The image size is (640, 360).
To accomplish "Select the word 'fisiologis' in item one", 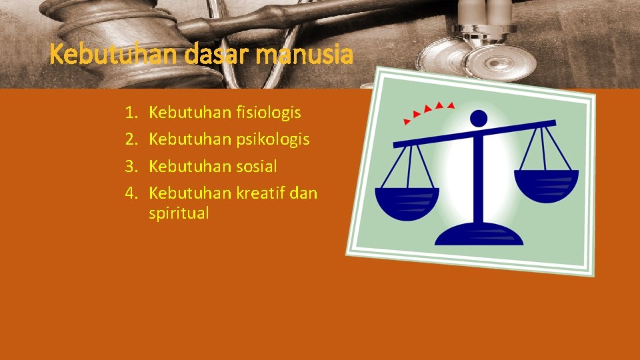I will tap(268, 113).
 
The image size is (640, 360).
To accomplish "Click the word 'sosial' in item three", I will tap(256, 166).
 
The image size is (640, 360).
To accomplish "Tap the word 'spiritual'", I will tap(179, 213).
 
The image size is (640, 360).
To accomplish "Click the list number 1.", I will tap(131, 113).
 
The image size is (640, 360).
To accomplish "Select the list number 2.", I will tap(131, 139).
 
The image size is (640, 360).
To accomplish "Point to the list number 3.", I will tap(131, 166).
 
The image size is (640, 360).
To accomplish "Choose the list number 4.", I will tap(131, 193).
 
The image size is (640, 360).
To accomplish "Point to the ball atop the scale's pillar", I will tap(478, 118).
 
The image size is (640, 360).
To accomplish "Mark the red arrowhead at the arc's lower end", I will tap(407, 122).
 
